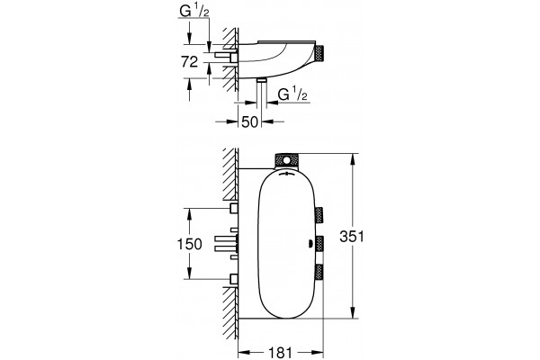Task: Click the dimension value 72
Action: coord(190,62)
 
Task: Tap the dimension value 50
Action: coord(249,121)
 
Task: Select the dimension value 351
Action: coord(352,237)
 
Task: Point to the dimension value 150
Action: coord(189,244)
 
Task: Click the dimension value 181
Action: coord(280,353)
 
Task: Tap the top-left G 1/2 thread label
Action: coord(194,12)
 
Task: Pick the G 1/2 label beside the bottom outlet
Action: coord(292,94)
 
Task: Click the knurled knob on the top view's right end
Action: coord(320,54)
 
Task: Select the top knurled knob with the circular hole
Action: coord(286,161)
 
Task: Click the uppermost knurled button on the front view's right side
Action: coord(319,216)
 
